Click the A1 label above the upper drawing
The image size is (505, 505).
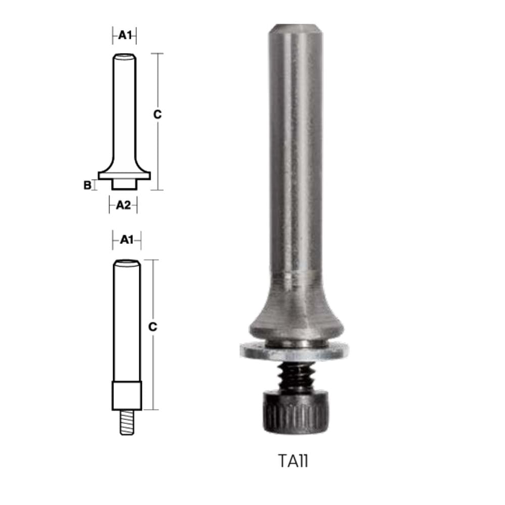point(125,35)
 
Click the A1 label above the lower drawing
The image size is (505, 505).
point(127,239)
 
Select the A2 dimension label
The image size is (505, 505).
point(123,205)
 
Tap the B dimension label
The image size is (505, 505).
point(87,185)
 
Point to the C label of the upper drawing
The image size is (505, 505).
point(157,114)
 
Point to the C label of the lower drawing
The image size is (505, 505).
point(153,327)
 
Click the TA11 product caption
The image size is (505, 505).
point(293,461)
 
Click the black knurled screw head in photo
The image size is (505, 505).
point(296,412)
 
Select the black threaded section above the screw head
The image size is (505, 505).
point(295,376)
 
